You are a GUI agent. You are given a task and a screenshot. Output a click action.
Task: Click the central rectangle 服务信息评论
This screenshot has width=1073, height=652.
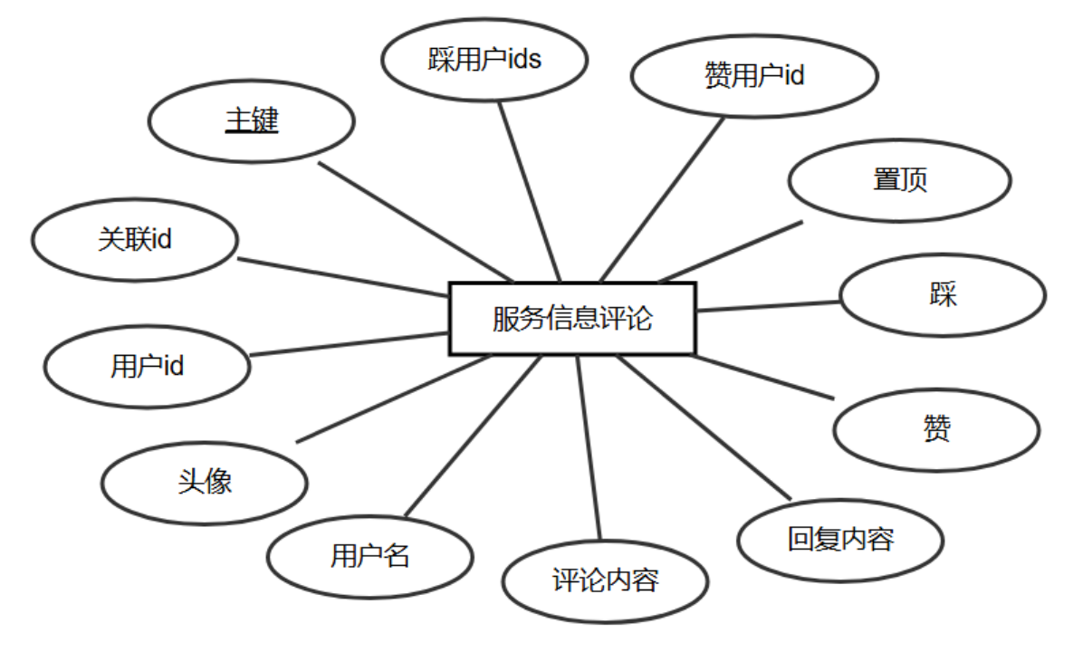(x=572, y=319)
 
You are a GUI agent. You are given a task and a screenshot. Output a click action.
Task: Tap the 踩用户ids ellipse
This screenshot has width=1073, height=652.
(x=484, y=61)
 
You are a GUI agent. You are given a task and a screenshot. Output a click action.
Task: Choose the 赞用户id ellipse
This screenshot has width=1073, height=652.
(x=753, y=77)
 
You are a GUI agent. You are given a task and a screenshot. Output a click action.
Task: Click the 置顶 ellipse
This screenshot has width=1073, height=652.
(x=899, y=180)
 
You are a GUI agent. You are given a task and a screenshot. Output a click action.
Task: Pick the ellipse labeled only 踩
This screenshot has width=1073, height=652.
(x=943, y=295)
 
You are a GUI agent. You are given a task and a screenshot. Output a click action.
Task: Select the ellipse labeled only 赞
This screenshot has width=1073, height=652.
(x=936, y=429)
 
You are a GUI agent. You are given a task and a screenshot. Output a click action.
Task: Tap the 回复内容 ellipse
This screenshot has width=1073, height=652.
(x=841, y=540)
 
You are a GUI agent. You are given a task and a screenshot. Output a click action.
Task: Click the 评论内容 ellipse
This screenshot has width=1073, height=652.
(x=605, y=580)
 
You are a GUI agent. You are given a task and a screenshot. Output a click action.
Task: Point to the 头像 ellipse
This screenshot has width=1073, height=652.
(x=205, y=482)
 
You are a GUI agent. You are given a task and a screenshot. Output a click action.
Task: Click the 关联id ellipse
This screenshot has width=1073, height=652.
(x=135, y=240)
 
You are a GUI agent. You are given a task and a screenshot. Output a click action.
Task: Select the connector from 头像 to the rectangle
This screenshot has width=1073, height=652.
(x=393, y=398)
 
